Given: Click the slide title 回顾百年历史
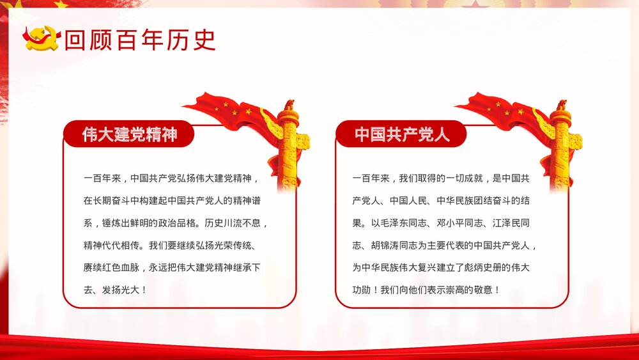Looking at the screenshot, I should pyautogui.click(x=140, y=40).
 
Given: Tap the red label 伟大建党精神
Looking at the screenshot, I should pyautogui.click(x=129, y=134).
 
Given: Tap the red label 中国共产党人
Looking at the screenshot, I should pyautogui.click(x=402, y=134).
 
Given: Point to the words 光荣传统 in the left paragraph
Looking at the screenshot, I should pyautogui.click(x=227, y=245).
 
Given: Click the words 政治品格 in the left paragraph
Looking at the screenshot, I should pyautogui.click(x=166, y=223).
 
